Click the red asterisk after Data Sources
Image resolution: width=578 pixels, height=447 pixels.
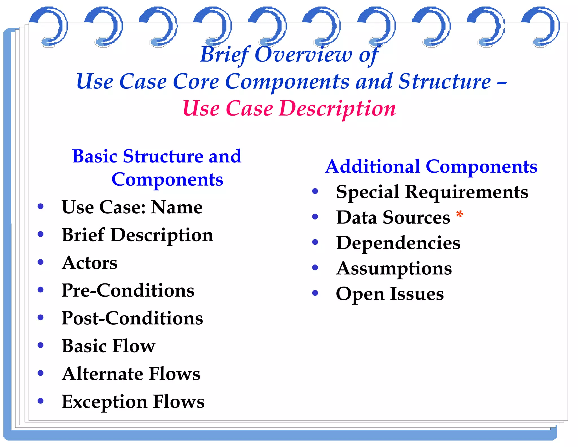tap(459, 215)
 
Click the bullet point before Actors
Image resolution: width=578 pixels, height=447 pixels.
tap(41, 262)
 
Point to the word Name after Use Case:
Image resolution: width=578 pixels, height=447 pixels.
tap(177, 207)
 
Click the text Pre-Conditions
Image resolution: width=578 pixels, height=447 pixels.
tap(128, 290)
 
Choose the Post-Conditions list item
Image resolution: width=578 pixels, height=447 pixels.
tap(132, 318)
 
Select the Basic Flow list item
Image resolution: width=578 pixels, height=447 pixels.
tap(108, 346)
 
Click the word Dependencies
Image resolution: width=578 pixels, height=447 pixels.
tap(398, 243)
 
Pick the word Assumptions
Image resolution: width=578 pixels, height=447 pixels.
tap(394, 269)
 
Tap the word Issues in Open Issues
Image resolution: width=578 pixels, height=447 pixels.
tap(417, 294)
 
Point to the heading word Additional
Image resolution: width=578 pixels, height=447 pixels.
tap(373, 166)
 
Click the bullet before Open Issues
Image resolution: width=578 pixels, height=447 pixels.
tap(315, 293)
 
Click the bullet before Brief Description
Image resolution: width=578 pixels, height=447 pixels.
tap(41, 234)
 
